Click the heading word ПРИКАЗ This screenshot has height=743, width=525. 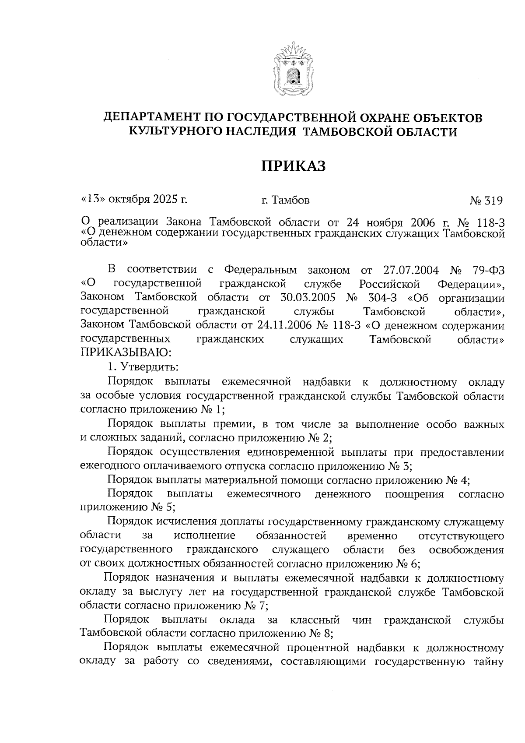(294, 166)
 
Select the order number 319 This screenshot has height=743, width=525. (494, 201)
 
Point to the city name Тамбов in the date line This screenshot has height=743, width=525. (291, 201)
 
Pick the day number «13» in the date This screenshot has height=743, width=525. (93, 200)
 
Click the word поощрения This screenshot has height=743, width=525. (414, 494)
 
